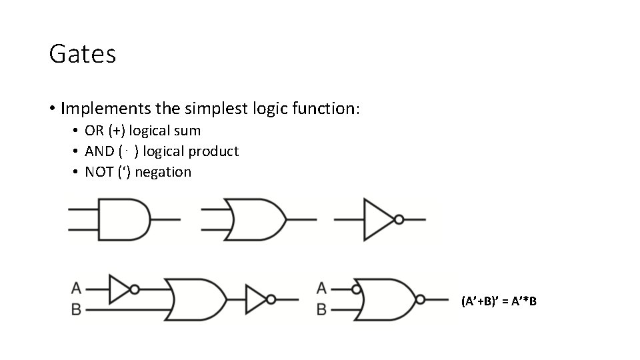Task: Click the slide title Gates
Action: (83, 54)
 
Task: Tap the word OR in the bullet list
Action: (94, 131)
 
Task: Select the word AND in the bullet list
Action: (99, 151)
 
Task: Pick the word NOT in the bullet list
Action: (99, 172)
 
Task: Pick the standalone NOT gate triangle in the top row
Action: (377, 219)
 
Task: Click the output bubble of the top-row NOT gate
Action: (399, 219)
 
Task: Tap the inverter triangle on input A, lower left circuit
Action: (119, 289)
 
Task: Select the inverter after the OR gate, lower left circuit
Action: (256, 299)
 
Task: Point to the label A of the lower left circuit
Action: (76, 289)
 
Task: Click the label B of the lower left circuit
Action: (76, 310)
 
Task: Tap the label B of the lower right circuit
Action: (321, 310)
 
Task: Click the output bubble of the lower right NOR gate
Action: (419, 299)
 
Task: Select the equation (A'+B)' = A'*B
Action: (499, 302)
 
